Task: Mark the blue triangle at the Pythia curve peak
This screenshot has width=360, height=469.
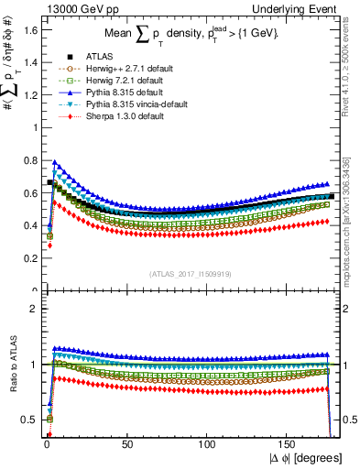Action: coord(55,162)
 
